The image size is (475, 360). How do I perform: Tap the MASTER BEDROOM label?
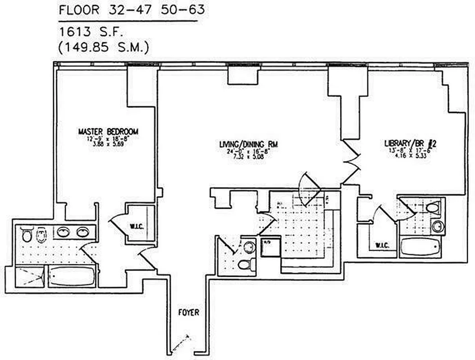pyautogui.click(x=108, y=132)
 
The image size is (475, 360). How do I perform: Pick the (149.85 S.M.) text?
pyautogui.click(x=104, y=46)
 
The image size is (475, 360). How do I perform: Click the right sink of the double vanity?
pyautogui.click(x=81, y=232)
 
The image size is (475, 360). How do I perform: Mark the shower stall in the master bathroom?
pyautogui.click(x=30, y=276)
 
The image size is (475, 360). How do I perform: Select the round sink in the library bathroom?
pyautogui.click(x=437, y=226)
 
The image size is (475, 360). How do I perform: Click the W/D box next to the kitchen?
pyautogui.click(x=268, y=248)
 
